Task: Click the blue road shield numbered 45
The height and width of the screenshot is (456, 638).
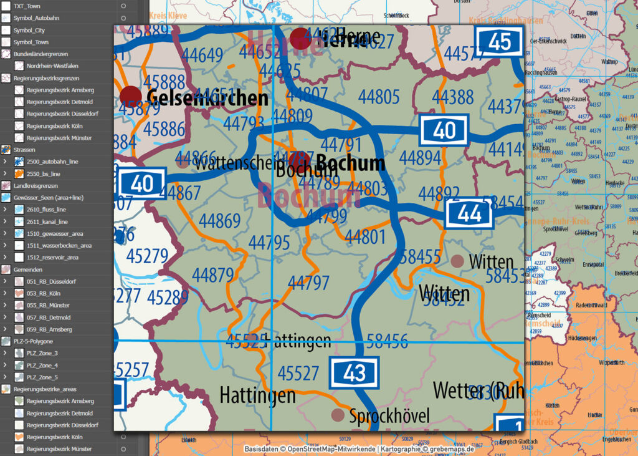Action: [x=500, y=42]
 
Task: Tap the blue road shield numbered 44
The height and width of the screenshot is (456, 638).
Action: [x=469, y=214]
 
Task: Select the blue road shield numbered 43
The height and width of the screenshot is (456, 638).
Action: [x=354, y=372]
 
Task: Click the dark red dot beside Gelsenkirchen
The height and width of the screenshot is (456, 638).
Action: [x=131, y=97]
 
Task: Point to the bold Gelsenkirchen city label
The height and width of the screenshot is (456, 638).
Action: [x=207, y=98]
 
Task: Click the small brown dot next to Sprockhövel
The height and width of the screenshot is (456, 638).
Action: [x=338, y=415]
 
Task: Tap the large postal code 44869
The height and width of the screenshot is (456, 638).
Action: [x=219, y=221]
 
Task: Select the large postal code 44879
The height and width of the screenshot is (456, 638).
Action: [x=212, y=274]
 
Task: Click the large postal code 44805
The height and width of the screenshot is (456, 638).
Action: [x=379, y=97]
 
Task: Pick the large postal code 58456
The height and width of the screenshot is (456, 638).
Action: [x=387, y=341]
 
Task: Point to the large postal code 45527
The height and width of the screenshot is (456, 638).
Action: [x=298, y=373]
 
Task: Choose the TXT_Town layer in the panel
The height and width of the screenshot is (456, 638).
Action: [x=27, y=6]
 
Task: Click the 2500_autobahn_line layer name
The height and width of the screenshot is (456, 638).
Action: [x=52, y=162]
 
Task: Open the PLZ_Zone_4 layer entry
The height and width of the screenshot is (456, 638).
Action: [x=42, y=366]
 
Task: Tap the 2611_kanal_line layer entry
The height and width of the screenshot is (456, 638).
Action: [x=47, y=221]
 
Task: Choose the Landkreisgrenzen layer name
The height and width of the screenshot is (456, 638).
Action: [x=36, y=186]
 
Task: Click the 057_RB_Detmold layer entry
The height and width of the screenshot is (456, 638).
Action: [x=48, y=318]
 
